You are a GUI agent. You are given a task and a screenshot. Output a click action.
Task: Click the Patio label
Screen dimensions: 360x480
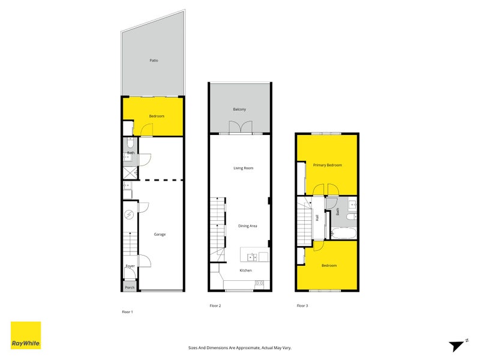pos(154,61)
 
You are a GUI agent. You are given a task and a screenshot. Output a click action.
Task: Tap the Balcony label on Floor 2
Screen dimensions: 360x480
pos(239,109)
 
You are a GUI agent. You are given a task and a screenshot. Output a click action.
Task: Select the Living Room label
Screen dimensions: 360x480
pos(243,168)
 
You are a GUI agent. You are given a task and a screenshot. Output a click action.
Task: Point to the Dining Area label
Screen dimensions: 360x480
pos(248,226)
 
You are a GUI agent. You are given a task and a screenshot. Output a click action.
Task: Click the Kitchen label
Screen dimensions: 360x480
pos(246,271)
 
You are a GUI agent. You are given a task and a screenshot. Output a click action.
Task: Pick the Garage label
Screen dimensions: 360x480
pos(160,234)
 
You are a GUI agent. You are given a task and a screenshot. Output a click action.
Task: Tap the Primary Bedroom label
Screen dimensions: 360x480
pos(328,165)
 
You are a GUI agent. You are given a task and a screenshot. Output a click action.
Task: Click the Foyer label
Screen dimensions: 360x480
pos(130,266)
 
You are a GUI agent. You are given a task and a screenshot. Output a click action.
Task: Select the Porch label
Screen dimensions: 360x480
pos(130,287)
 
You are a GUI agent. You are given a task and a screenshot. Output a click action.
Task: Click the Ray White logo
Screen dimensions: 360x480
pos(26,335)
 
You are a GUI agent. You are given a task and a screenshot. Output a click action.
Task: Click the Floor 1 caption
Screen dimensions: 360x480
pos(127,312)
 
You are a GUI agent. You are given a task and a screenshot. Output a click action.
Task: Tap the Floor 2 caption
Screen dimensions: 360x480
pos(215,306)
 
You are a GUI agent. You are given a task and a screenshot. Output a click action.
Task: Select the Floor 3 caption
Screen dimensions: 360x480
pos(302,306)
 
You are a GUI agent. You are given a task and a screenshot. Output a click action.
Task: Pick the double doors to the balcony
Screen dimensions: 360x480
pos(239,127)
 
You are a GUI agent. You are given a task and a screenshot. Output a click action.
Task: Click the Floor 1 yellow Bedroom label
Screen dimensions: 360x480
pos(157,116)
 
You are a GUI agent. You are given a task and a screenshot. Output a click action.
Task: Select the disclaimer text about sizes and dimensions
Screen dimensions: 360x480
pos(239,347)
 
